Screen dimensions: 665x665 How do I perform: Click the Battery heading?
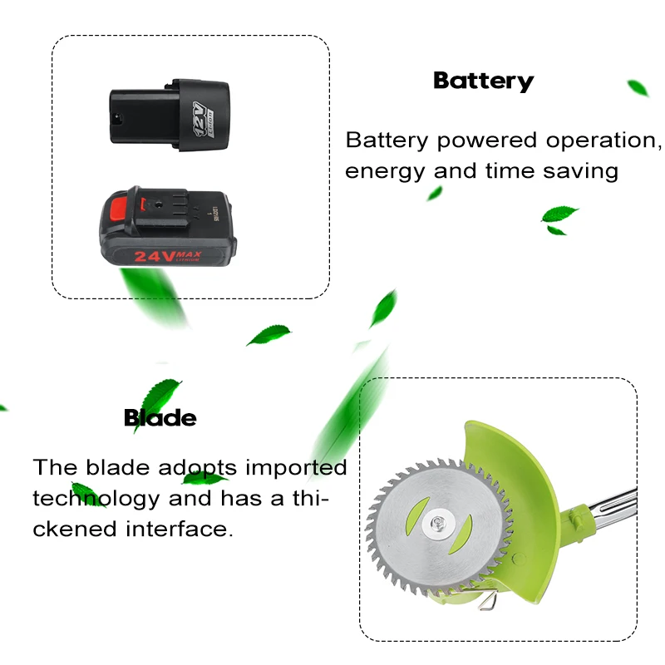pos(483,81)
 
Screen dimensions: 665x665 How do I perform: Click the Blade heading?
pos(160,417)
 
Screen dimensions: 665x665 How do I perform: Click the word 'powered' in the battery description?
pos(488,140)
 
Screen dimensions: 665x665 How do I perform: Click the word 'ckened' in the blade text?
pos(69,530)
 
